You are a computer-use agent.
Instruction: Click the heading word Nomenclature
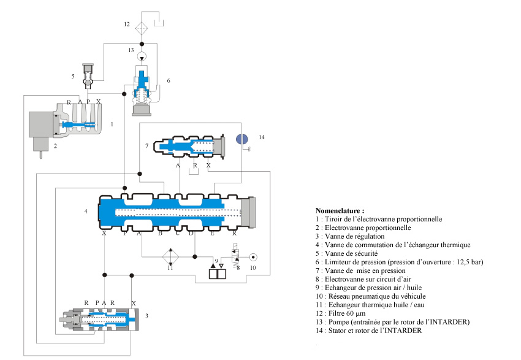pyautogui.click(x=338, y=210)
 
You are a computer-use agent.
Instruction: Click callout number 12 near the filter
pyautogui.click(x=126, y=25)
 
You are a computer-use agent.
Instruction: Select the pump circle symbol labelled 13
pyautogui.click(x=142, y=56)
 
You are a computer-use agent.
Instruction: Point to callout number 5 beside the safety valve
pyautogui.click(x=73, y=76)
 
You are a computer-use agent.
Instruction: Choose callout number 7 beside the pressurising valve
pyautogui.click(x=147, y=145)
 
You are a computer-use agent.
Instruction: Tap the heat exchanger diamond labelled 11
pyautogui.click(x=171, y=256)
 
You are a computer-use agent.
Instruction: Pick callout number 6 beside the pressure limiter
pyautogui.click(x=169, y=80)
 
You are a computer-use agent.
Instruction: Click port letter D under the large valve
pyautogui.click(x=191, y=234)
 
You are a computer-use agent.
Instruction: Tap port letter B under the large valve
pyautogui.click(x=160, y=234)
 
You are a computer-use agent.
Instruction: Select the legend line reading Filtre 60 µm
pyautogui.click(x=346, y=314)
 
